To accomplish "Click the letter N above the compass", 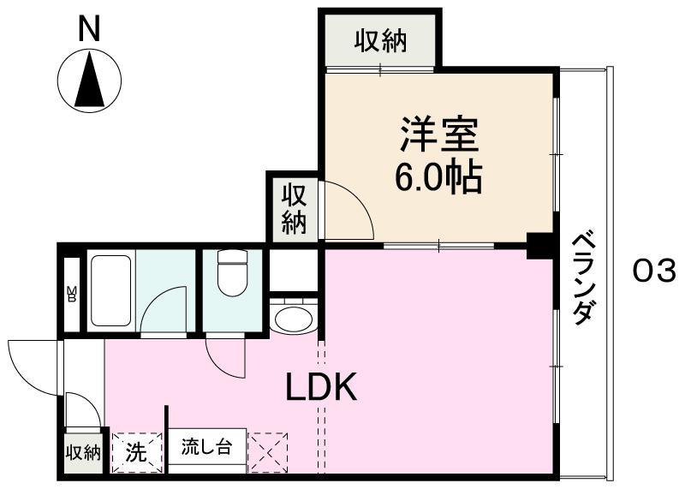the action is click(89, 28).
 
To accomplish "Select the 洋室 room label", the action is click(439, 134).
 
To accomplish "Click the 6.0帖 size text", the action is click(438, 177).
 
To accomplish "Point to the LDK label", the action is click(321, 387).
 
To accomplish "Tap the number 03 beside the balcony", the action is click(654, 271).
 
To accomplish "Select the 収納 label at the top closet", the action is click(380, 41).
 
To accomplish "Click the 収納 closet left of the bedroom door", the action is click(293, 208).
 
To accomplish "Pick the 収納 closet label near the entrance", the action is click(83, 453).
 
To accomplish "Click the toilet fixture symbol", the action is click(232, 272).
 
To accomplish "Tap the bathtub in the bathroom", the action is click(111, 290).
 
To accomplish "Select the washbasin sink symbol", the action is click(293, 315).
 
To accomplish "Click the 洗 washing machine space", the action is click(137, 453).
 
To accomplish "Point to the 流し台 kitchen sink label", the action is click(206, 448).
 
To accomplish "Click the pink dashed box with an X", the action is click(267, 453).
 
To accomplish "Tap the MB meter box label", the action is click(71, 294).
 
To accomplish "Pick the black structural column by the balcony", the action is click(541, 246).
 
